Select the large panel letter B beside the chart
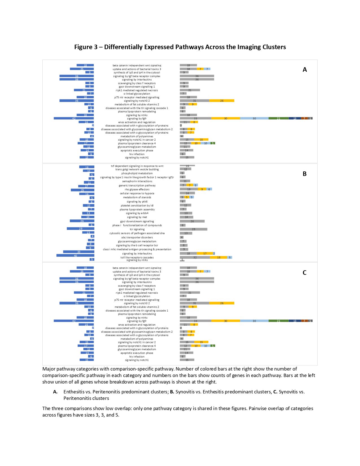tap(304, 174)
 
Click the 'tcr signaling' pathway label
tap(137, 229)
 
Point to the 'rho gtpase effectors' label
tap(137, 190)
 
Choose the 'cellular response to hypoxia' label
tap(137, 193)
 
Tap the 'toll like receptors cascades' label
tap(137, 257)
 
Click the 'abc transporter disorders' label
tap(137, 238)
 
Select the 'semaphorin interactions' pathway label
tap(137, 181)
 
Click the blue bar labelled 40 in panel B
tap(75, 256)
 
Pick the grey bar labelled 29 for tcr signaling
tap(193, 229)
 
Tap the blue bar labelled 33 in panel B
tap(78, 252)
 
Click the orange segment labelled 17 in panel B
tap(205, 253)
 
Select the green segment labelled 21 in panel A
tap(278, 118)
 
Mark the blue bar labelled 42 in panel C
tap(74, 321)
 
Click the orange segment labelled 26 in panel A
tap(222, 101)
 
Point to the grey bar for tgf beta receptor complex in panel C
tap(197, 278)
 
